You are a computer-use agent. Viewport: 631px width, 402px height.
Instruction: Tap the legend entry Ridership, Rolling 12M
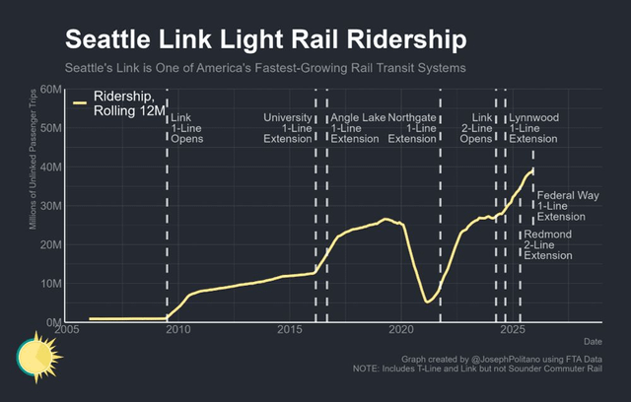[120, 103]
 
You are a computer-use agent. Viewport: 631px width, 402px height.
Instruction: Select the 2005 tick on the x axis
[67, 330]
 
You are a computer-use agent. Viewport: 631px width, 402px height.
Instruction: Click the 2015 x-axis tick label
[290, 330]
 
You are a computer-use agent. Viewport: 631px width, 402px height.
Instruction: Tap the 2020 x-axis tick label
[401, 330]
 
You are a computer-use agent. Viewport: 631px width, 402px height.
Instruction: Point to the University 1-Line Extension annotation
[288, 128]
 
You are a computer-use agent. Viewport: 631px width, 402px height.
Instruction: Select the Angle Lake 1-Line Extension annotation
[358, 128]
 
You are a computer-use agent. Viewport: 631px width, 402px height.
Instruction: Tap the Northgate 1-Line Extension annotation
[411, 128]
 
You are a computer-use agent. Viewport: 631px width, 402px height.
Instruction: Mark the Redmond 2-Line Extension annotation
[548, 244]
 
